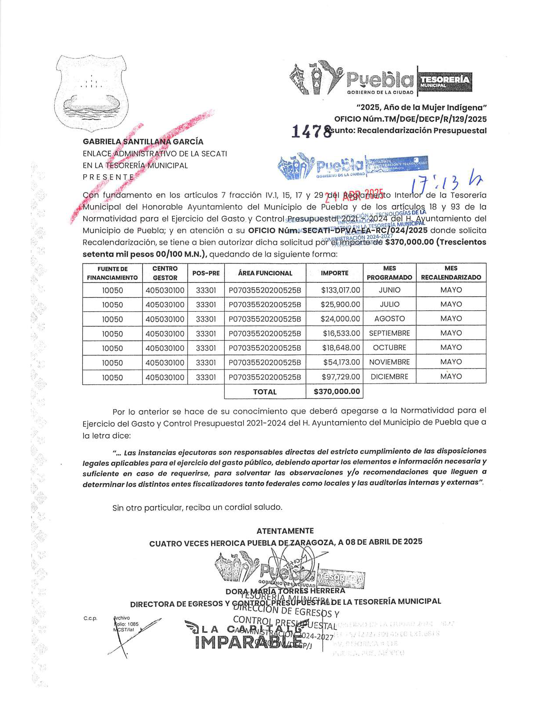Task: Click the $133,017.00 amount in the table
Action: click(340, 290)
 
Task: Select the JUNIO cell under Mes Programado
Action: click(389, 290)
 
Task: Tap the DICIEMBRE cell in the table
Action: click(389, 377)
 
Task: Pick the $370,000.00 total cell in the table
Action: click(337, 391)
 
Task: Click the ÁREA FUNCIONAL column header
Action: click(265, 273)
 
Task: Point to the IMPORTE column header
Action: click(334, 273)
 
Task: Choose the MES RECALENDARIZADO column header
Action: click(451, 273)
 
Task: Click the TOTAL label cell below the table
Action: click(265, 392)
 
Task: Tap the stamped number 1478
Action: click(311, 131)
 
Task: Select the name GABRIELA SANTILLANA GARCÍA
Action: click(143, 142)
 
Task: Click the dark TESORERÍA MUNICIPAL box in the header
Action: click(445, 81)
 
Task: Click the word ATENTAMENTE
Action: click(285, 531)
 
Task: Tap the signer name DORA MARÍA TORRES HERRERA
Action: click(285, 591)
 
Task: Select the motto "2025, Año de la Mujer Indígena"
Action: click(422, 107)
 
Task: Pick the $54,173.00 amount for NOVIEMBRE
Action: click(341, 362)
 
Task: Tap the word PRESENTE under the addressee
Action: click(108, 177)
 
